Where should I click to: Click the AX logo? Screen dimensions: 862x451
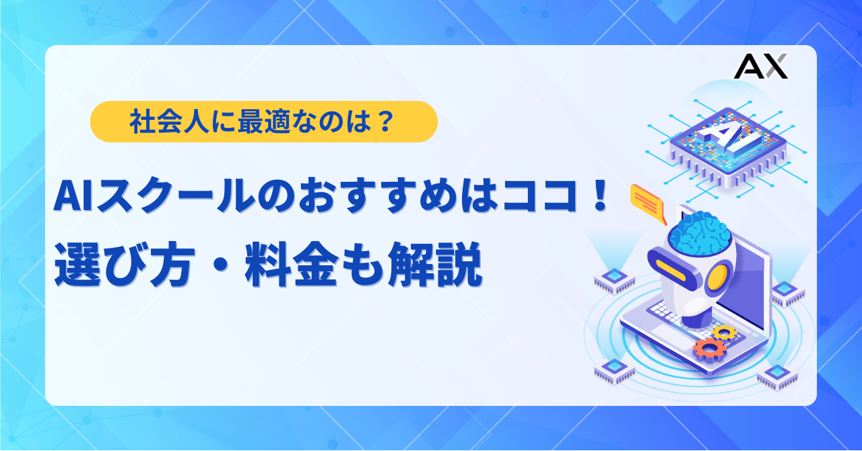click(760, 66)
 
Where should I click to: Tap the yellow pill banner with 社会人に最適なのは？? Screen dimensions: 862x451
click(263, 122)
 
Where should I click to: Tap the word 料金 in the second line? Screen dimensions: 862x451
click(292, 265)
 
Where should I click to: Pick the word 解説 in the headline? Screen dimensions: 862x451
click(435, 265)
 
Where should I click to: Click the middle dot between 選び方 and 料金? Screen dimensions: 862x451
click(219, 265)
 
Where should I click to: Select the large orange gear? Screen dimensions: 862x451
click(710, 349)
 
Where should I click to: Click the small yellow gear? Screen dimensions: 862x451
click(724, 333)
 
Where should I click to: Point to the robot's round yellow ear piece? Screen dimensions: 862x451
click(718, 278)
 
